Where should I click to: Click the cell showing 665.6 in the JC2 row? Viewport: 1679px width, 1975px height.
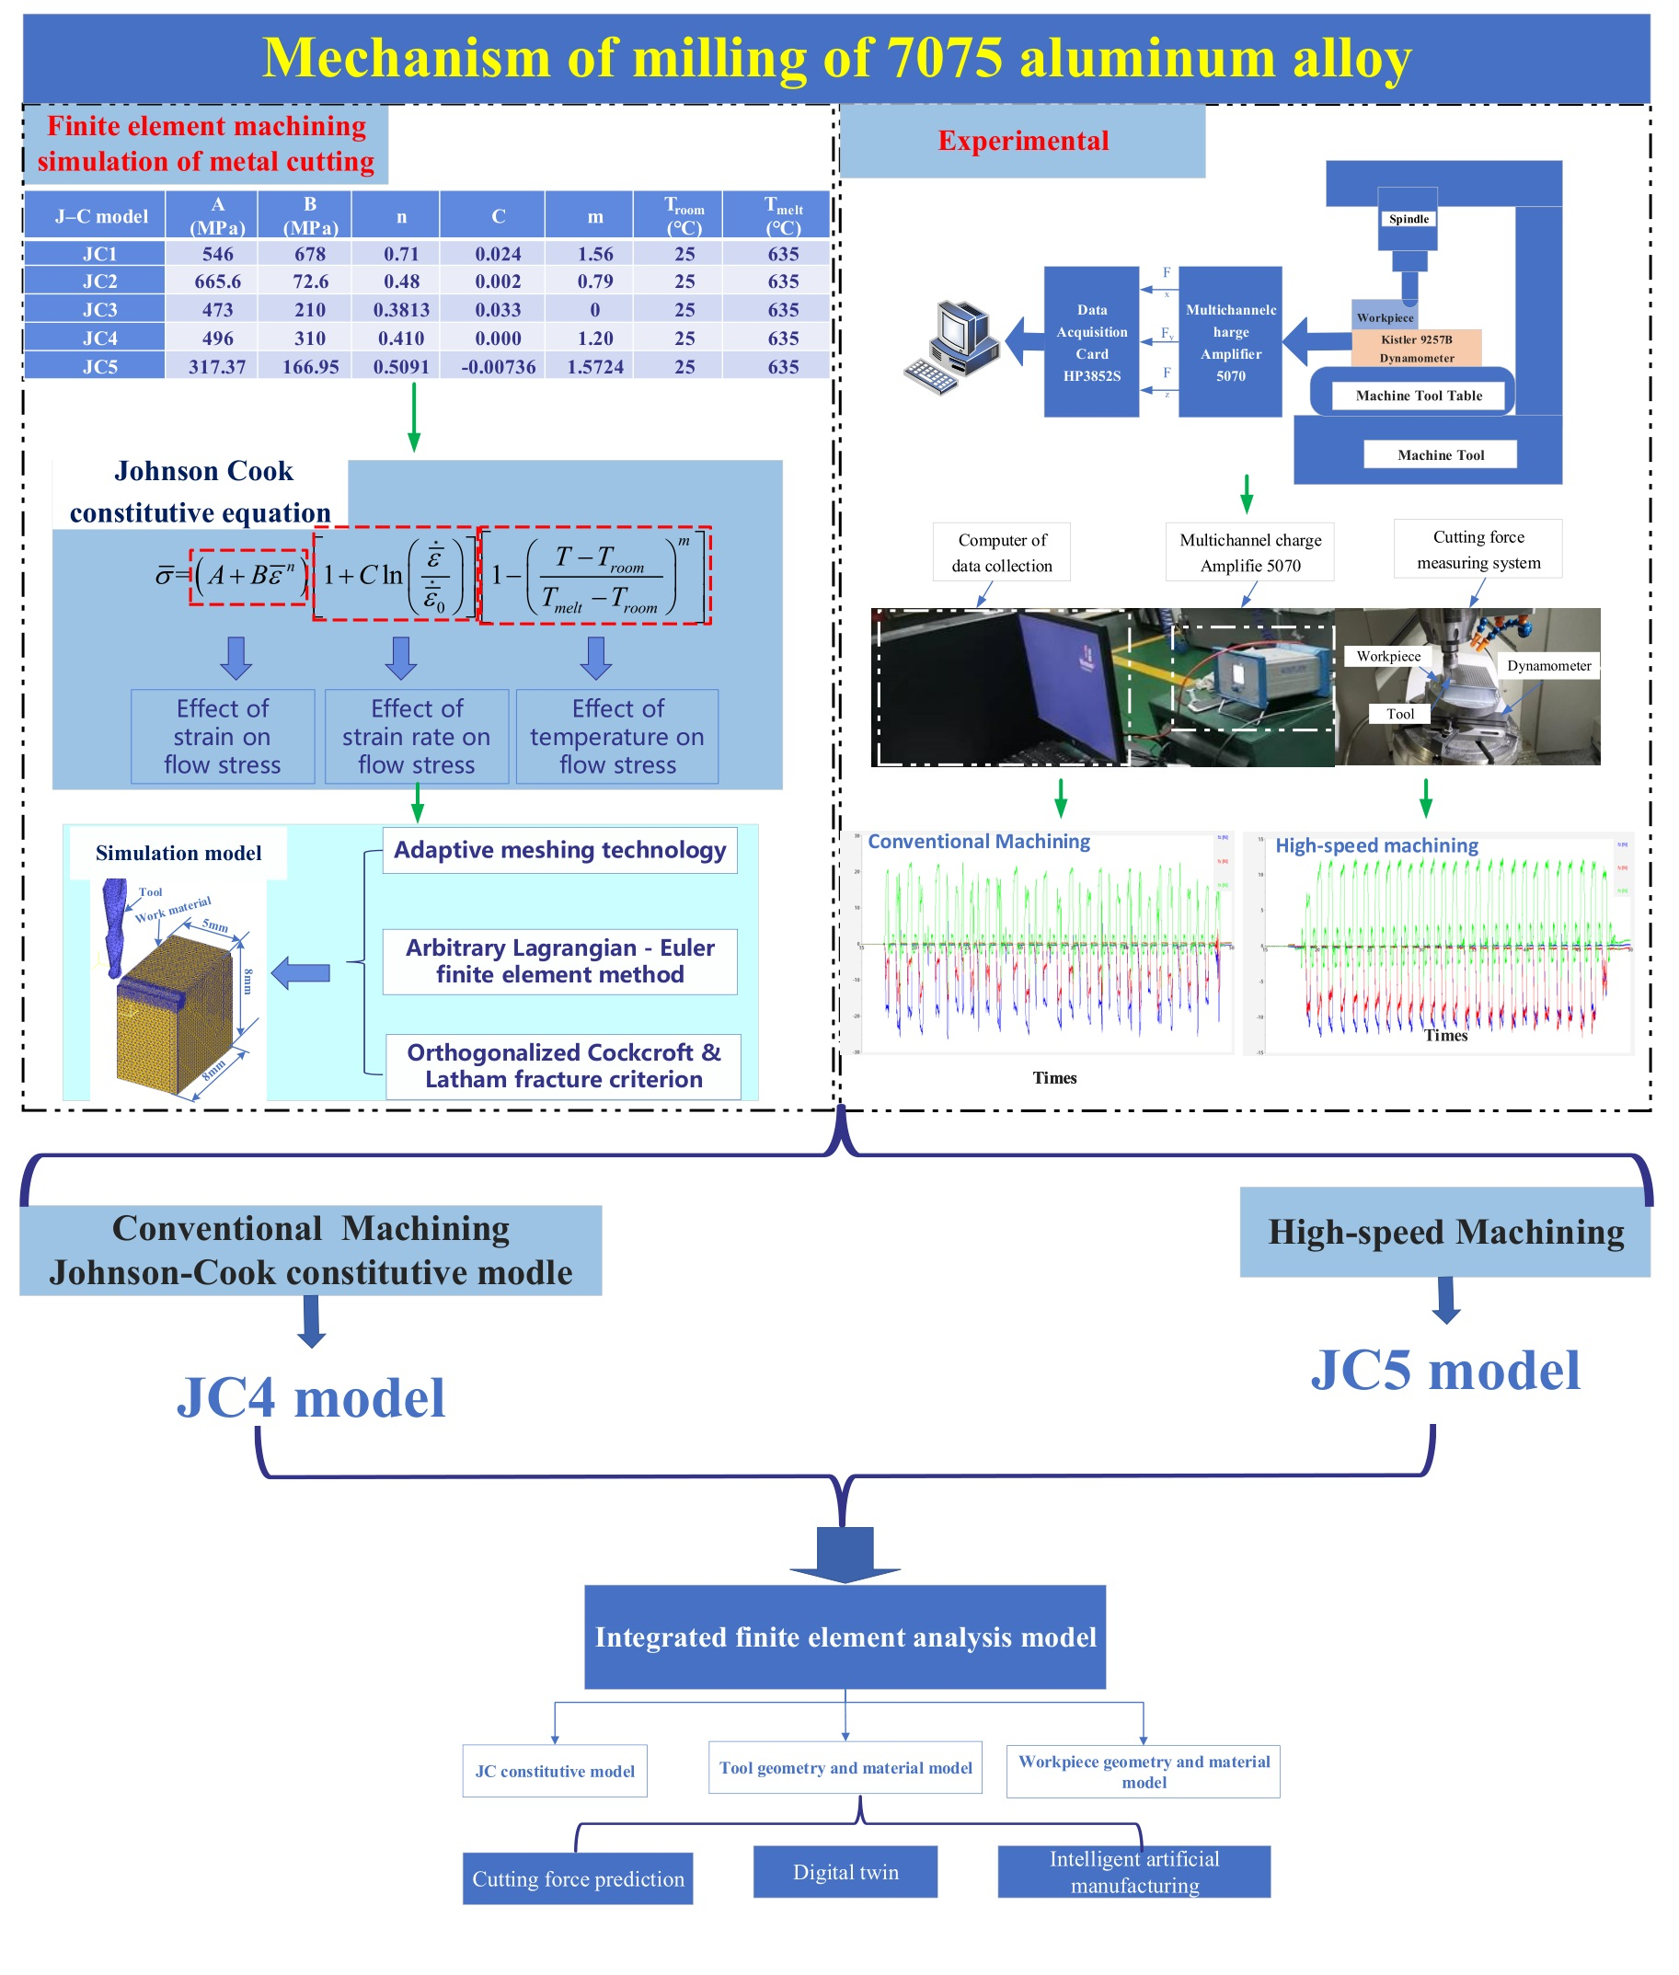217,281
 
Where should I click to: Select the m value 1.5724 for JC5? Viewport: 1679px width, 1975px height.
595,366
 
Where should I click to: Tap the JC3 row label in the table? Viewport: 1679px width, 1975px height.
99,309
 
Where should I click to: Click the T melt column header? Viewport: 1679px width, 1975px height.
782,215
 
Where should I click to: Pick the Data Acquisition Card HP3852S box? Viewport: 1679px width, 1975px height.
1091,341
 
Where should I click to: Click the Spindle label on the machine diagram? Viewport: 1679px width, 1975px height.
1408,219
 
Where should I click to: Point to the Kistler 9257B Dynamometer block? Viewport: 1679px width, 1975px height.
1416,349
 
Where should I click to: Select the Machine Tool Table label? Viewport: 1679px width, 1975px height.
1419,395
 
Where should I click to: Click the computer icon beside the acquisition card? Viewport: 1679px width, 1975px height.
951,347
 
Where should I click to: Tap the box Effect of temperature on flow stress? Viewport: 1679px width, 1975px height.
616,736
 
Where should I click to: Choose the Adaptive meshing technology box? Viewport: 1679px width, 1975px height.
559,849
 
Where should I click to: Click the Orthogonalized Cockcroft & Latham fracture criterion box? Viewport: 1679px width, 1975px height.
563,1065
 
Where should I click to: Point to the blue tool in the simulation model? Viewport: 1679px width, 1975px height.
114,924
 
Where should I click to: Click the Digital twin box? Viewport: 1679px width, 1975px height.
845,1871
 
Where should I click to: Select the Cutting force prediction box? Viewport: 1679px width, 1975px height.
578,1877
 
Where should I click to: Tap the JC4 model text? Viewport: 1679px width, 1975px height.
310,1397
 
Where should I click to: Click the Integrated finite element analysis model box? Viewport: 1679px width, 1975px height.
845,1636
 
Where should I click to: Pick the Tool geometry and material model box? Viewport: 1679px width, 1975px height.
845,1767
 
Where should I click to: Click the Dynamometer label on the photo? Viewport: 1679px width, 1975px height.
1547,665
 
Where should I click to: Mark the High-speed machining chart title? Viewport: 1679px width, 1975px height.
1375,845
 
